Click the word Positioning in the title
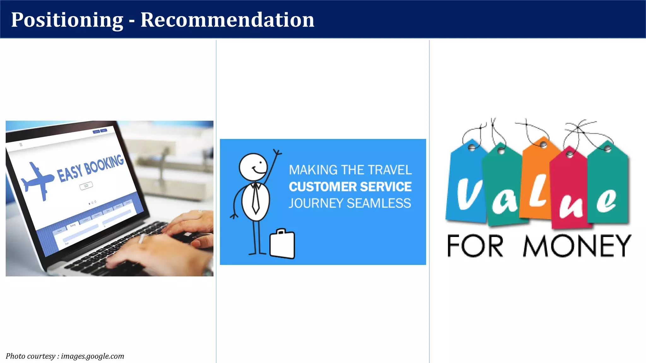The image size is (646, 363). coord(67,20)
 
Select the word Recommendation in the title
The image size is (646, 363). coord(227,20)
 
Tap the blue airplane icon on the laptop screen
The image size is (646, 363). coord(37,181)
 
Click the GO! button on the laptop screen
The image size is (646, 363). coord(86,186)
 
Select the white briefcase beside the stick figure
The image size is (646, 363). coord(282,244)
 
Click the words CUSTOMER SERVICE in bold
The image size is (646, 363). coord(350,187)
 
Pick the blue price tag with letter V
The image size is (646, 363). coord(466,186)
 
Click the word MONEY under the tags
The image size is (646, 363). coord(577,246)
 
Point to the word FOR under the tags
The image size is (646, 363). coord(475,246)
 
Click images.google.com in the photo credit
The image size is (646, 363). coord(92,356)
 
